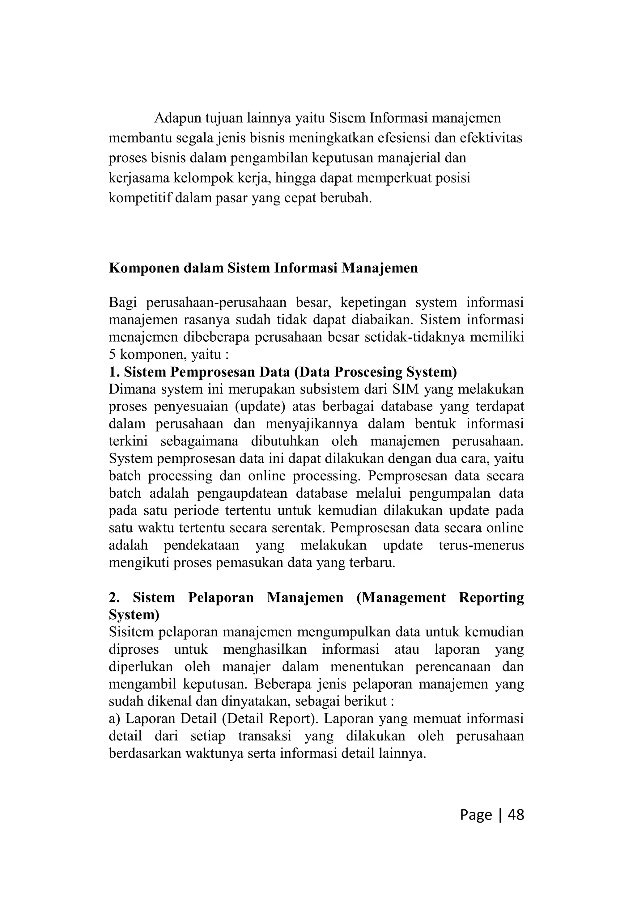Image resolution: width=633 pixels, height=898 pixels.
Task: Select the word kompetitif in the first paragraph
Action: pos(140,198)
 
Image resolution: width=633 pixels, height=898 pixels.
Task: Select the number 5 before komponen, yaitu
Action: pos(112,354)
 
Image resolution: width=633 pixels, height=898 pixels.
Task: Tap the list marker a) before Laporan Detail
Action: pos(115,719)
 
